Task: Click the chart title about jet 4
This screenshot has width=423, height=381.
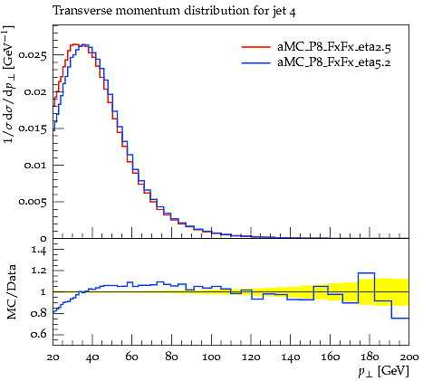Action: pos(174,11)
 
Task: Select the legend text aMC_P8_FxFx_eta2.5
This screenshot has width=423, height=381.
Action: pos(334,47)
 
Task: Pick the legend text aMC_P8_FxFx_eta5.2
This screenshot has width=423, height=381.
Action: pos(334,62)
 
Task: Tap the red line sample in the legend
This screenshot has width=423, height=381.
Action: pos(256,47)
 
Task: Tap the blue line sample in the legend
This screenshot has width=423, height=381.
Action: pos(256,62)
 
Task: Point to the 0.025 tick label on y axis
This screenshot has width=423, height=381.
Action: pos(33,55)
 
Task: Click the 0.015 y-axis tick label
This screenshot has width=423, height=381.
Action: pos(33,129)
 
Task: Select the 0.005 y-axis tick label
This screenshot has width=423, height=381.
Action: pos(33,202)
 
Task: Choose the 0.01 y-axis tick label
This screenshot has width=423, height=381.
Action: pos(35,165)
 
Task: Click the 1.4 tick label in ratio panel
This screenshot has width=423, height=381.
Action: pos(39,250)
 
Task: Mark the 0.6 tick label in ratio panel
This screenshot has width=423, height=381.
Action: pos(39,334)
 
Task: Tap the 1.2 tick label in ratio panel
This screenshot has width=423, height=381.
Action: pos(39,271)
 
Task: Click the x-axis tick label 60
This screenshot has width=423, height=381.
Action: pos(131,357)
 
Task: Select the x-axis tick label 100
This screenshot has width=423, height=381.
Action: pos(211,357)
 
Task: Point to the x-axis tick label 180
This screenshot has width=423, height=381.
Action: pos(370,357)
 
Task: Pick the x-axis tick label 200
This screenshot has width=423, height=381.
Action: pos(409,357)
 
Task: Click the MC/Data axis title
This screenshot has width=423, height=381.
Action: pos(12,292)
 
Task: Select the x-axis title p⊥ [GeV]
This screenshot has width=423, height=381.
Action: pos(383,371)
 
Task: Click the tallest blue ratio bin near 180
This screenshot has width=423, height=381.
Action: pos(366,273)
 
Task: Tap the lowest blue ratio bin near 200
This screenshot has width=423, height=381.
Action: pos(400,318)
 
